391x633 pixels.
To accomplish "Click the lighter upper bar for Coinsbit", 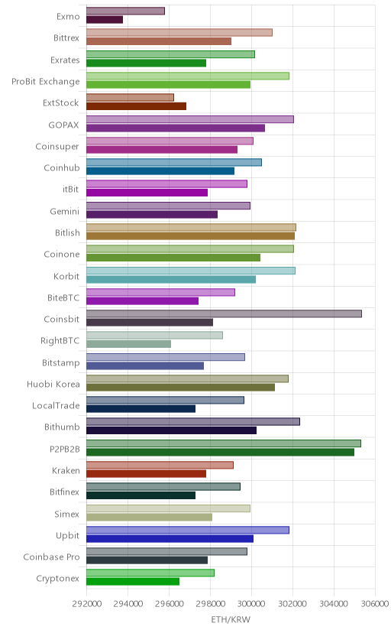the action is click(224, 313).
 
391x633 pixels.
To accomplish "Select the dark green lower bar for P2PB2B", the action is click(220, 452).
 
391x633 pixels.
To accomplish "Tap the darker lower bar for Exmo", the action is click(105, 19).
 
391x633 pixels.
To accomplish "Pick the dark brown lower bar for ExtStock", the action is click(136, 106).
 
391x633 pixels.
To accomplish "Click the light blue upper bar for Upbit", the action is click(187, 530).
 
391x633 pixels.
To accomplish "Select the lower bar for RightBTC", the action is click(128, 344).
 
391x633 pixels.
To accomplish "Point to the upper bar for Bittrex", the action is click(179, 32).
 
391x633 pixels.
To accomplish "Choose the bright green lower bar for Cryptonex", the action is click(133, 581).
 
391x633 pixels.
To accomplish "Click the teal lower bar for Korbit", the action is click(171, 279).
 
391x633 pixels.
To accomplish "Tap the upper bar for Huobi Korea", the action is click(187, 378).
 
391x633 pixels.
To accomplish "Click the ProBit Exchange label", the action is click(46, 82).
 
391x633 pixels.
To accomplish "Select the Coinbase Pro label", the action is click(51, 557).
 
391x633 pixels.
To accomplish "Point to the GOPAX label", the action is click(63, 125).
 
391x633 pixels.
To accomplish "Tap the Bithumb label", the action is click(62, 427).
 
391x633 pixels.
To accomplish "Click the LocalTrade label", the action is click(56, 406).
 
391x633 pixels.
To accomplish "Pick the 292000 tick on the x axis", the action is click(86, 604).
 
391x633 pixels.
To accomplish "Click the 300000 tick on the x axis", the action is click(251, 604).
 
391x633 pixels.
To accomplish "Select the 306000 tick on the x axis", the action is click(374, 604).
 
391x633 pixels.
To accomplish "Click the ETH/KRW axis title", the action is click(231, 620).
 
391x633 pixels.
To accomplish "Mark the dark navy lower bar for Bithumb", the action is click(171, 430).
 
